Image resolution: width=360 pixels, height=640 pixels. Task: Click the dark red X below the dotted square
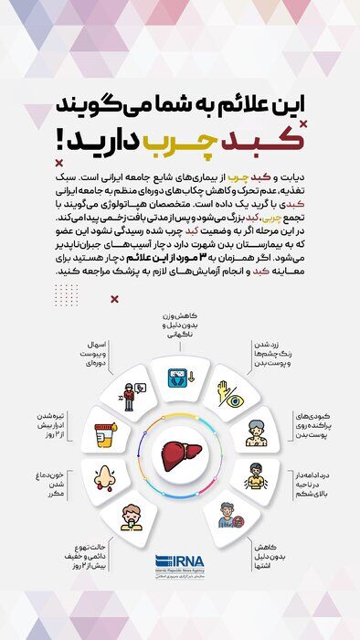(114, 298)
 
